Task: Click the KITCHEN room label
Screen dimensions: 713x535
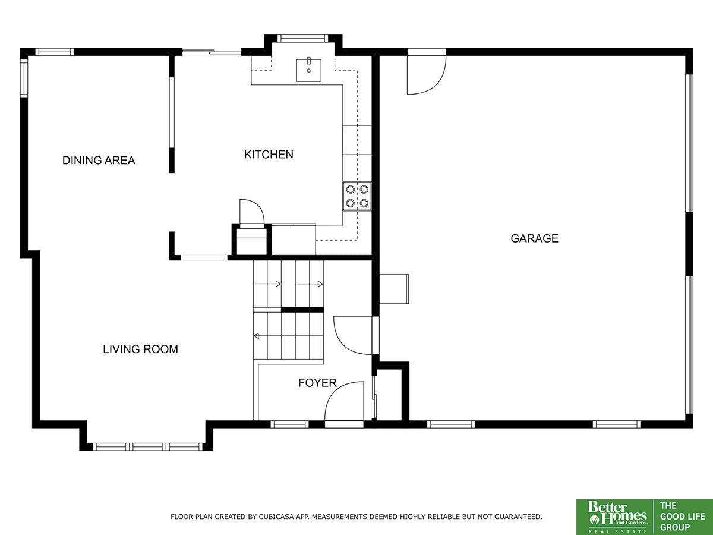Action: pyautogui.click(x=269, y=155)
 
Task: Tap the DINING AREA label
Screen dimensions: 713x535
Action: pyautogui.click(x=99, y=160)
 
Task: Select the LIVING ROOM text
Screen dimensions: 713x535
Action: pyautogui.click(x=141, y=349)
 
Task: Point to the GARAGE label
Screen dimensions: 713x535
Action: pyautogui.click(x=534, y=238)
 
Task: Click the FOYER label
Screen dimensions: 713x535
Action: pyautogui.click(x=317, y=383)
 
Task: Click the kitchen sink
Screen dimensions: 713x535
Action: pyautogui.click(x=308, y=70)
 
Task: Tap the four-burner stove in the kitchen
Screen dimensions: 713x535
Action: pyautogui.click(x=357, y=196)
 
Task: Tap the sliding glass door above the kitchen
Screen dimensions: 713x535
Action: pyautogui.click(x=212, y=51)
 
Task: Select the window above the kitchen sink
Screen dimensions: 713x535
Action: pyautogui.click(x=303, y=38)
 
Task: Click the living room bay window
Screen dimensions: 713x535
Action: pyautogui.click(x=148, y=446)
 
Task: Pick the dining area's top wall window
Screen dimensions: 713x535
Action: pyautogui.click(x=55, y=52)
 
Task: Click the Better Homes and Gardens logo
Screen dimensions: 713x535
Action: pyautogui.click(x=615, y=517)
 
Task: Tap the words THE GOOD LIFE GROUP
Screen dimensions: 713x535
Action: pyautogui.click(x=682, y=517)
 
